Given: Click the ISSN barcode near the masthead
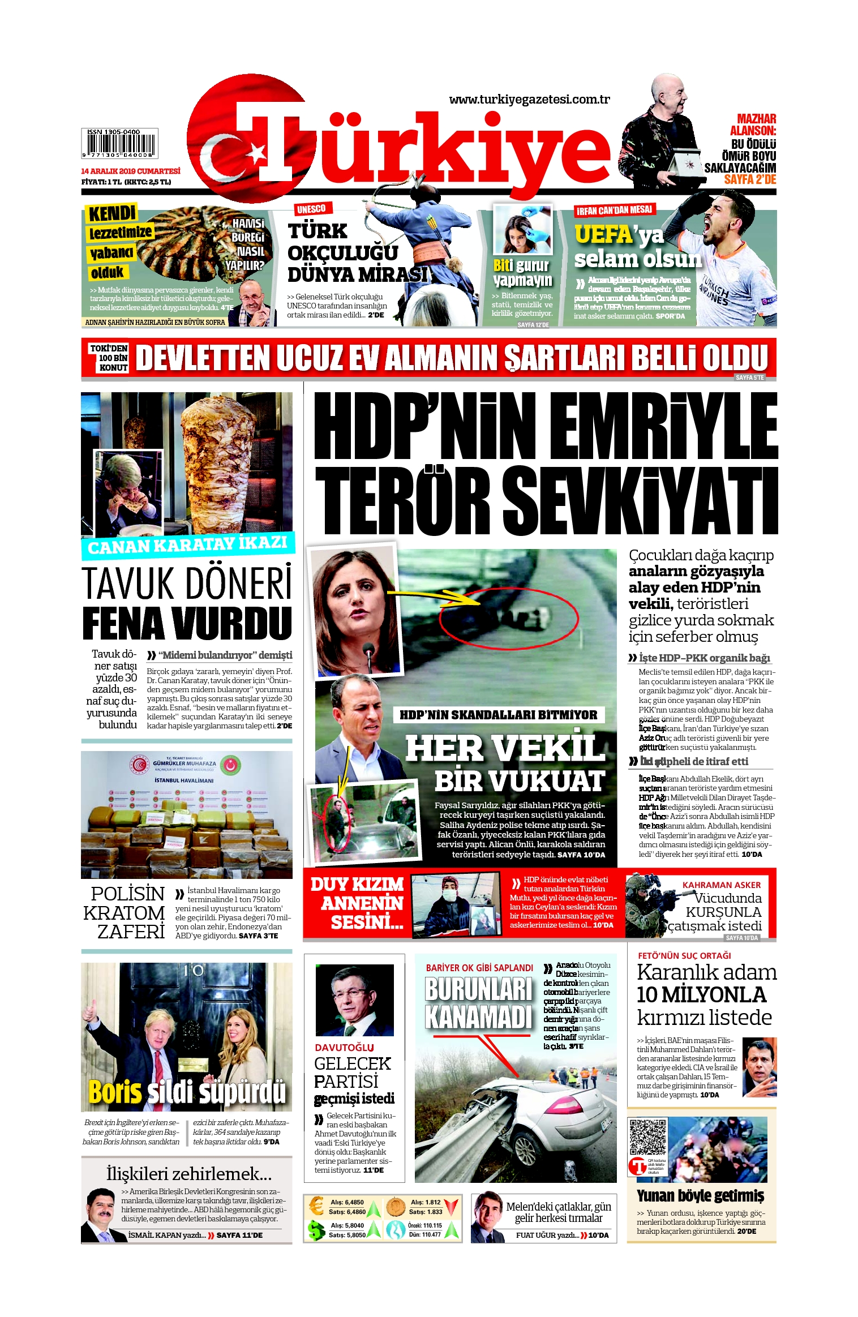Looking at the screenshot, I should click(x=119, y=143).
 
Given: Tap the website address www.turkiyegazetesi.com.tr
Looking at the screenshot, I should click(x=529, y=100).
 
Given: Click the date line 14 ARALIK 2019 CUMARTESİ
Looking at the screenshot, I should click(x=131, y=171).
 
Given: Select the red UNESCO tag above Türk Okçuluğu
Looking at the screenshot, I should click(x=311, y=209).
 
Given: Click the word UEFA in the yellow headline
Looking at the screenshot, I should click(x=603, y=234).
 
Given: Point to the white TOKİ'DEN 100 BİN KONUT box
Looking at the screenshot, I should click(x=109, y=358).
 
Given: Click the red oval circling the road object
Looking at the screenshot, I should click(x=509, y=617).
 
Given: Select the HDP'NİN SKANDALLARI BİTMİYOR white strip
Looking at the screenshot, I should click(x=498, y=715).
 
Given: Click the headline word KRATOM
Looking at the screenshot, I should click(x=124, y=913).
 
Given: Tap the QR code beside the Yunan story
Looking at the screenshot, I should click(x=648, y=1137).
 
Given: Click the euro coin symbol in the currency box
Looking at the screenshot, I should click(x=316, y=1206).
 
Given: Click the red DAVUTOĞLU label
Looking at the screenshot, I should click(x=344, y=1048).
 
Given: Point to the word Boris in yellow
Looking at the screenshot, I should click(x=114, y=1092).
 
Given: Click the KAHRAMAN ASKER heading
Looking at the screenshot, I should click(x=721, y=885).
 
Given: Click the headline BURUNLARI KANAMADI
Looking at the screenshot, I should click(x=479, y=1002).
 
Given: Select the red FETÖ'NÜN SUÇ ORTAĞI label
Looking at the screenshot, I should click(x=684, y=955).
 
